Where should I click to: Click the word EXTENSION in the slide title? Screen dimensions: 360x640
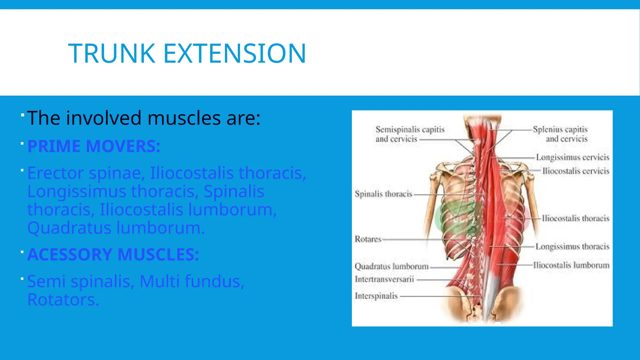[234, 53]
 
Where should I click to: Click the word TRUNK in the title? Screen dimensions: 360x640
[112, 53]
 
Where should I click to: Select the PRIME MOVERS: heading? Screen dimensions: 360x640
[94, 146]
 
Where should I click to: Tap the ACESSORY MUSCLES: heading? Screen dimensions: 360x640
[113, 254]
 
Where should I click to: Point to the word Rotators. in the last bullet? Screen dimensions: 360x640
[63, 299]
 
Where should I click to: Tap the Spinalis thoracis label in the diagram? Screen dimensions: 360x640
[383, 194]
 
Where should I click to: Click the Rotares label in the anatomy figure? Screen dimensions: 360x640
[368, 239]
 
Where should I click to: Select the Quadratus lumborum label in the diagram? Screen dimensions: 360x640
[392, 267]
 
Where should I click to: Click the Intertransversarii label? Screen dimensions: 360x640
[384, 279]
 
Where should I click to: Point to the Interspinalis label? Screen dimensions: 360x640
[376, 296]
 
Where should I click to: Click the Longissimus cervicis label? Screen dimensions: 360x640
[572, 157]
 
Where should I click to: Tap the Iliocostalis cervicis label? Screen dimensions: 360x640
[576, 171]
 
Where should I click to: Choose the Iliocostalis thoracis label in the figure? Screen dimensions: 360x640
[575, 218]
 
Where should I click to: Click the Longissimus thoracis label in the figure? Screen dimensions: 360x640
[572, 247]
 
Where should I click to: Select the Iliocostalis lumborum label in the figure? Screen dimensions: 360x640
[571, 265]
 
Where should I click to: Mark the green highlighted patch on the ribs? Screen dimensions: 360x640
[456, 219]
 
